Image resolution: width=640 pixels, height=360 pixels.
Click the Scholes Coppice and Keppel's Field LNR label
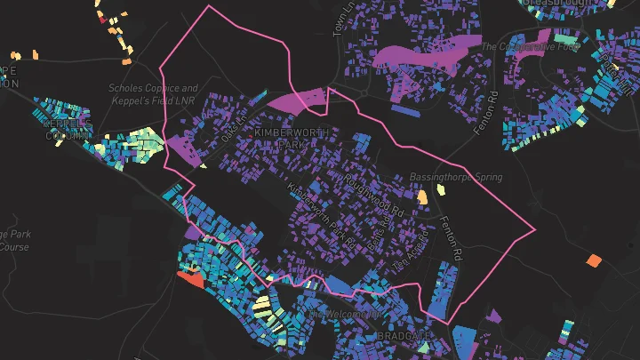coord(153,94)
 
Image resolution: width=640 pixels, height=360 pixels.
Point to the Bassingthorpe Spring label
coord(455,178)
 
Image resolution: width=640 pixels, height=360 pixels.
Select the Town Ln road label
coord(339,24)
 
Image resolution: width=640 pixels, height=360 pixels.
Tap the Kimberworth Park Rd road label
coord(321,216)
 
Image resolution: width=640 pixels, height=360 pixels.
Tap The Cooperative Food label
coord(531,45)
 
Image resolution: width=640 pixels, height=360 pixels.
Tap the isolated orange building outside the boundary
coord(593,260)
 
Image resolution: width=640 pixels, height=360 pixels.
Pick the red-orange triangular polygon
coord(189,279)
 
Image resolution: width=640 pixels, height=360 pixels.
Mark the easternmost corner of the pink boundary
coord(535,231)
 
